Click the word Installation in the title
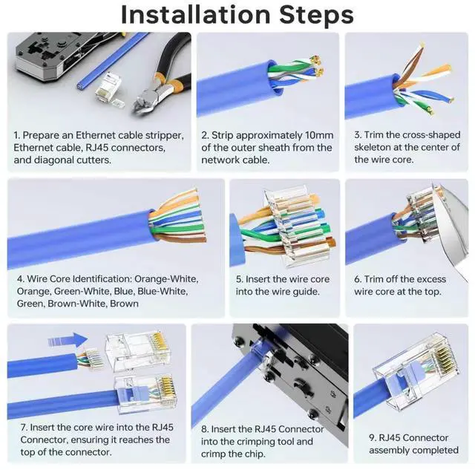pos(195,15)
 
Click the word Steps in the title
pos(316,15)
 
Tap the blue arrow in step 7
pos(68,340)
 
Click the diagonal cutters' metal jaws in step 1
pos(146,100)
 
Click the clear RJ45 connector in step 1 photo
pos(109,88)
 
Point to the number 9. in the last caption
pos(373,438)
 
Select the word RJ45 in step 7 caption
pos(163,428)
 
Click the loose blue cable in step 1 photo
pos(113,60)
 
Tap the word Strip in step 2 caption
pos(222,135)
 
